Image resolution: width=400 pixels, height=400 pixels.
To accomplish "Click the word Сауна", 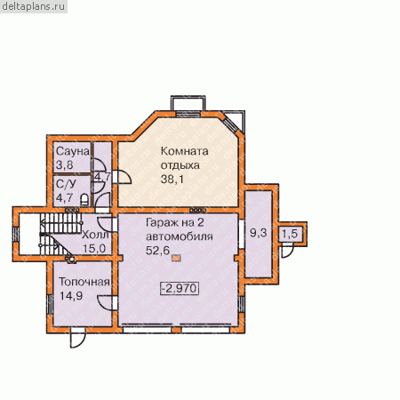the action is pos(73,151).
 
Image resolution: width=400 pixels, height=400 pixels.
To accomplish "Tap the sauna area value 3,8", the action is pos(64,165).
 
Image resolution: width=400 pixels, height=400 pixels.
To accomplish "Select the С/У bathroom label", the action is pos(66,184).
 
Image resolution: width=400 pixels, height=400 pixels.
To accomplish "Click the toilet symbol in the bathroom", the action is pos(84,199).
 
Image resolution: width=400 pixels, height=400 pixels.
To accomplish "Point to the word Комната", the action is pos(184,151).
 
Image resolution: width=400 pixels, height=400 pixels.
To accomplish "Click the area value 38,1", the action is pos(172,179).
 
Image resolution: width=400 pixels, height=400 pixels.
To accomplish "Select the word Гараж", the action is pos(162,223).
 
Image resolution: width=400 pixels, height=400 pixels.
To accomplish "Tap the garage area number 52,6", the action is pos(157,251).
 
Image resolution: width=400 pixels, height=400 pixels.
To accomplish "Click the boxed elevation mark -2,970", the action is pos(180,288).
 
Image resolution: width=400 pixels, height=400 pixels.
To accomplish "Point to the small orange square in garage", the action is pos(176,258).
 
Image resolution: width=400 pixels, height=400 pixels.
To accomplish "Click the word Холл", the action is pos(95,235).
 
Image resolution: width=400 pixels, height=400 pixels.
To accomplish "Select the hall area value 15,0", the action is pos(94,248).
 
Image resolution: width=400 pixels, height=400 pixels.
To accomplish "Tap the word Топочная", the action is pos(84,282).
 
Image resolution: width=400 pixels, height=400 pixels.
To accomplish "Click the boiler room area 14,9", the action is pos(71,296).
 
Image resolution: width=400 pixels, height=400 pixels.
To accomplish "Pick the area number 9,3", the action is pos(259,233).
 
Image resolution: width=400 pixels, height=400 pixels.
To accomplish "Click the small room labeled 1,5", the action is pos(290,234).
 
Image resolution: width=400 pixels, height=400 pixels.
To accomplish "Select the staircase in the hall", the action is pos(60,233).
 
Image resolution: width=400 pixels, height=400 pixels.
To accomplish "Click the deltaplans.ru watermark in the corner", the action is pos(34,6).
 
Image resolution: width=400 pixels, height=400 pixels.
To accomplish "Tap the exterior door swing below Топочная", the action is pos(77,339).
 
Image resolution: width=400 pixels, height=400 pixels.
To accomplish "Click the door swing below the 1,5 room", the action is pos(287,251).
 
